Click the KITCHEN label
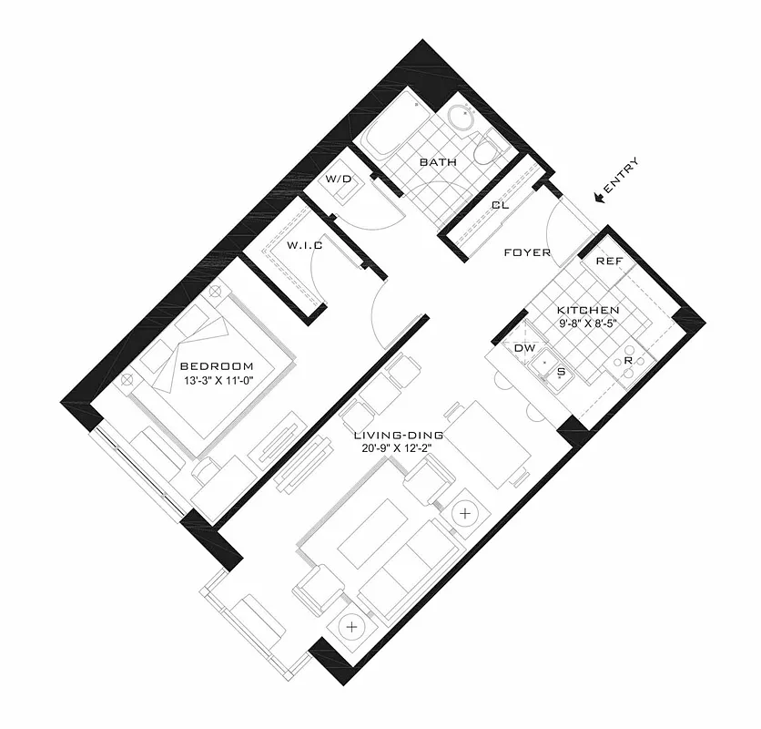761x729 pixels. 588,310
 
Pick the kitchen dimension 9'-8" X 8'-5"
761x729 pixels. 587,323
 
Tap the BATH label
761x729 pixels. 437,162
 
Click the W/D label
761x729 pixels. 339,180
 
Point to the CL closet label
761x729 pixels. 500,205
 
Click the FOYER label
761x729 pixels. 528,252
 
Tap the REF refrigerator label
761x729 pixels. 608,262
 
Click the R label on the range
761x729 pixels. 627,361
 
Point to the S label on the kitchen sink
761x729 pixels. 561,372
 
